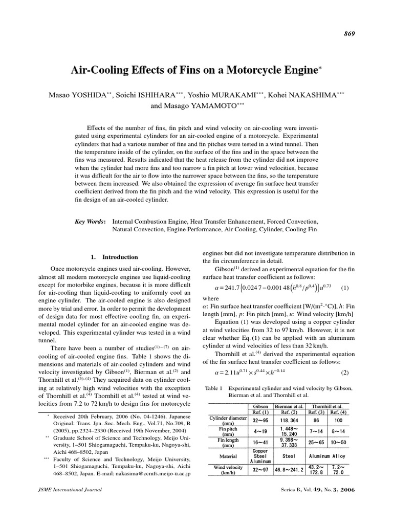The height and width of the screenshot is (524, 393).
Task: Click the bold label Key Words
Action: point(90,221)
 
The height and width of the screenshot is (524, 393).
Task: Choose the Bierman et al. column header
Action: point(289,406)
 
